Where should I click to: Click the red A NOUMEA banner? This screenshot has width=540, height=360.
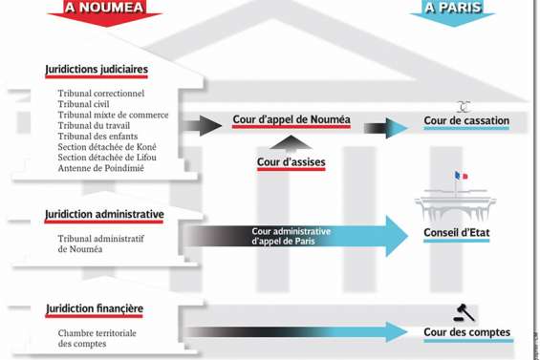click(x=104, y=9)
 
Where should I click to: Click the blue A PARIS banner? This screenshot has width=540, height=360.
click(x=453, y=9)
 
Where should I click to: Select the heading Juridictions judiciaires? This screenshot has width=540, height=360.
click(x=97, y=70)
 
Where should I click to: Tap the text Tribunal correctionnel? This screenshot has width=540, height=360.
click(x=101, y=94)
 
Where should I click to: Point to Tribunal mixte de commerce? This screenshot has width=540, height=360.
click(x=113, y=115)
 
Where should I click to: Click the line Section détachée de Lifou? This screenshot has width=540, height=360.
click(x=107, y=158)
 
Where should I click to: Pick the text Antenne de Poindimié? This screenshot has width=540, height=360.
click(x=101, y=168)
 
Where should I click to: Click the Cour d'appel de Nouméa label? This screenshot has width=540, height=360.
click(x=292, y=120)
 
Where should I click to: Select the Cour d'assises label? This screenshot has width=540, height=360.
click(x=291, y=162)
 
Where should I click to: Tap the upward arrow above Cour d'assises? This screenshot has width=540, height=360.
click(x=291, y=144)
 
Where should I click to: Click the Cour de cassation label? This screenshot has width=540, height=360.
click(x=466, y=121)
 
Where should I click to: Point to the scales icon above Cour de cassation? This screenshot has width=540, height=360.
click(x=464, y=107)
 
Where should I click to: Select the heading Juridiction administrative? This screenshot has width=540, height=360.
click(x=104, y=215)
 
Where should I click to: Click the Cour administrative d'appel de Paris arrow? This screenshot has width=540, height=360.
click(x=296, y=236)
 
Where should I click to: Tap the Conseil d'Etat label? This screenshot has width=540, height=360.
click(x=456, y=233)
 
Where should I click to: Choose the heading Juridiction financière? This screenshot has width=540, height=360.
click(x=95, y=309)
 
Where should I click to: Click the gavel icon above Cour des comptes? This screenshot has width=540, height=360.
click(x=464, y=313)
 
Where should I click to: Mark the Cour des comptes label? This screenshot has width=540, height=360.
click(x=466, y=333)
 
